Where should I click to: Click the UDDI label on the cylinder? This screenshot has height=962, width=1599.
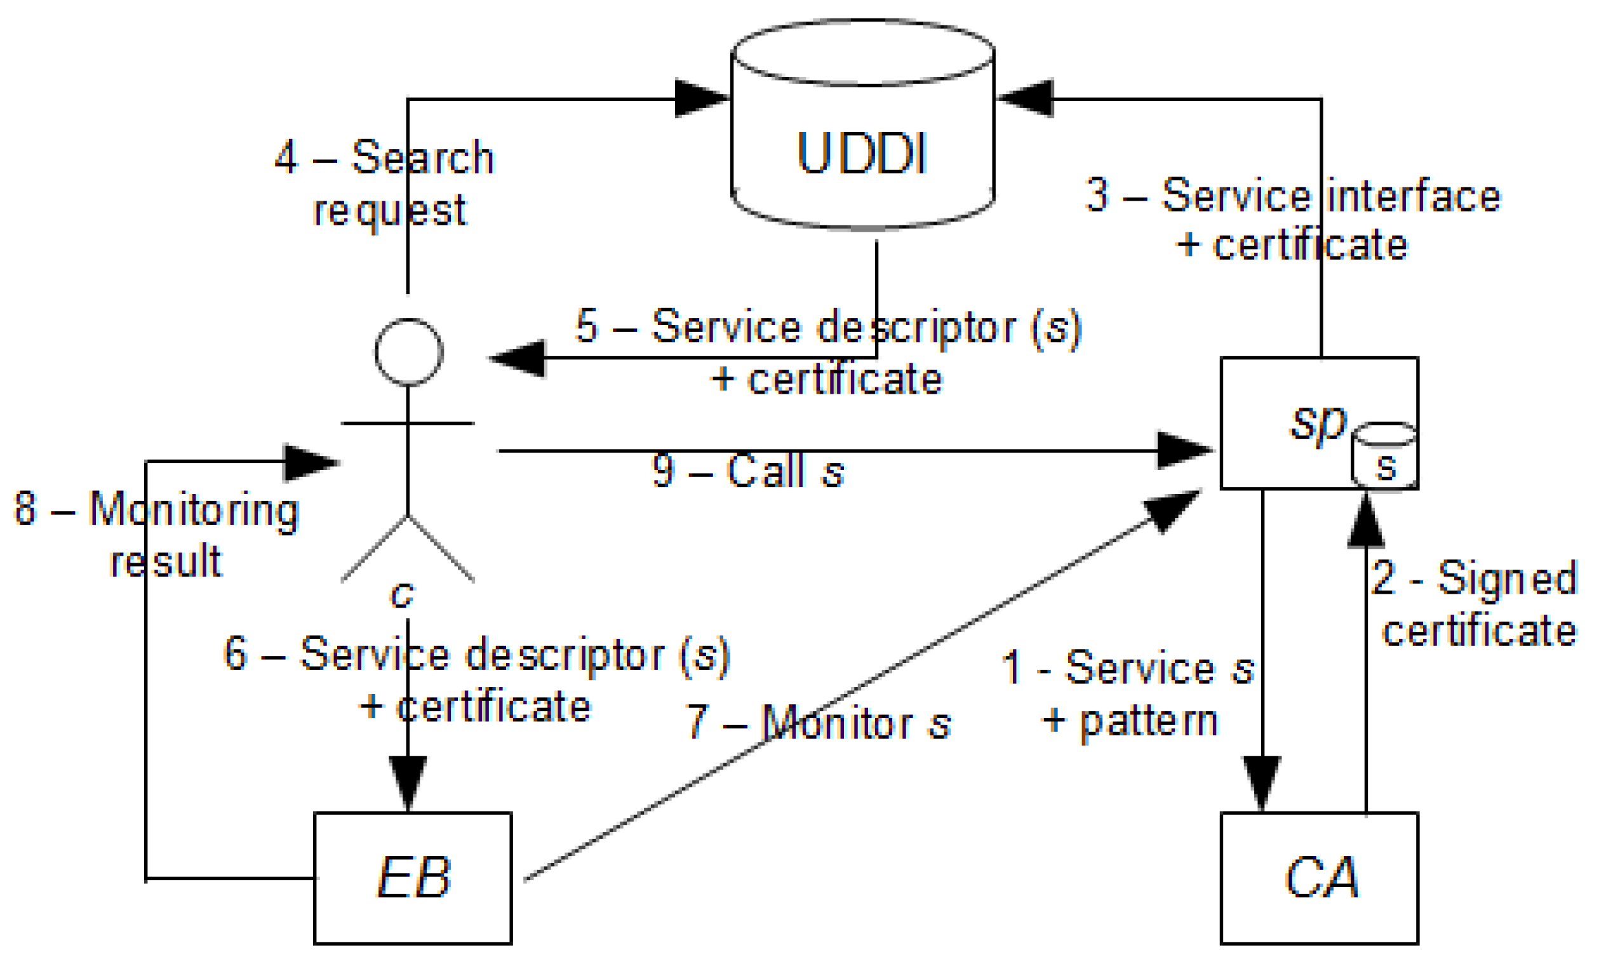pos(861,154)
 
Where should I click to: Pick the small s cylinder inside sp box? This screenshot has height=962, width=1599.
pos(1384,458)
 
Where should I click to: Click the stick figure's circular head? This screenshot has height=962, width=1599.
pos(409,352)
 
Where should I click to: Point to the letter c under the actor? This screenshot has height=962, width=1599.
pos(402,594)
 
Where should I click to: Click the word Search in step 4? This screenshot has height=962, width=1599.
pos(422,157)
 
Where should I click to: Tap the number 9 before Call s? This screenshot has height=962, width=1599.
pos(664,471)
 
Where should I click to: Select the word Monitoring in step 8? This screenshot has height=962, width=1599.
pos(193,509)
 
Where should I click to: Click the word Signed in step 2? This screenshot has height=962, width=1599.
pos(1507,578)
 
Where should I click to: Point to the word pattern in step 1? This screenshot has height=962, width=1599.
pos(1149,721)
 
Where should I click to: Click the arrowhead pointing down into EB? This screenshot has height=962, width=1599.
pos(408,782)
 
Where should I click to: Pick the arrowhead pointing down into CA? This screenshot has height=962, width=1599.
pos(1262,782)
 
